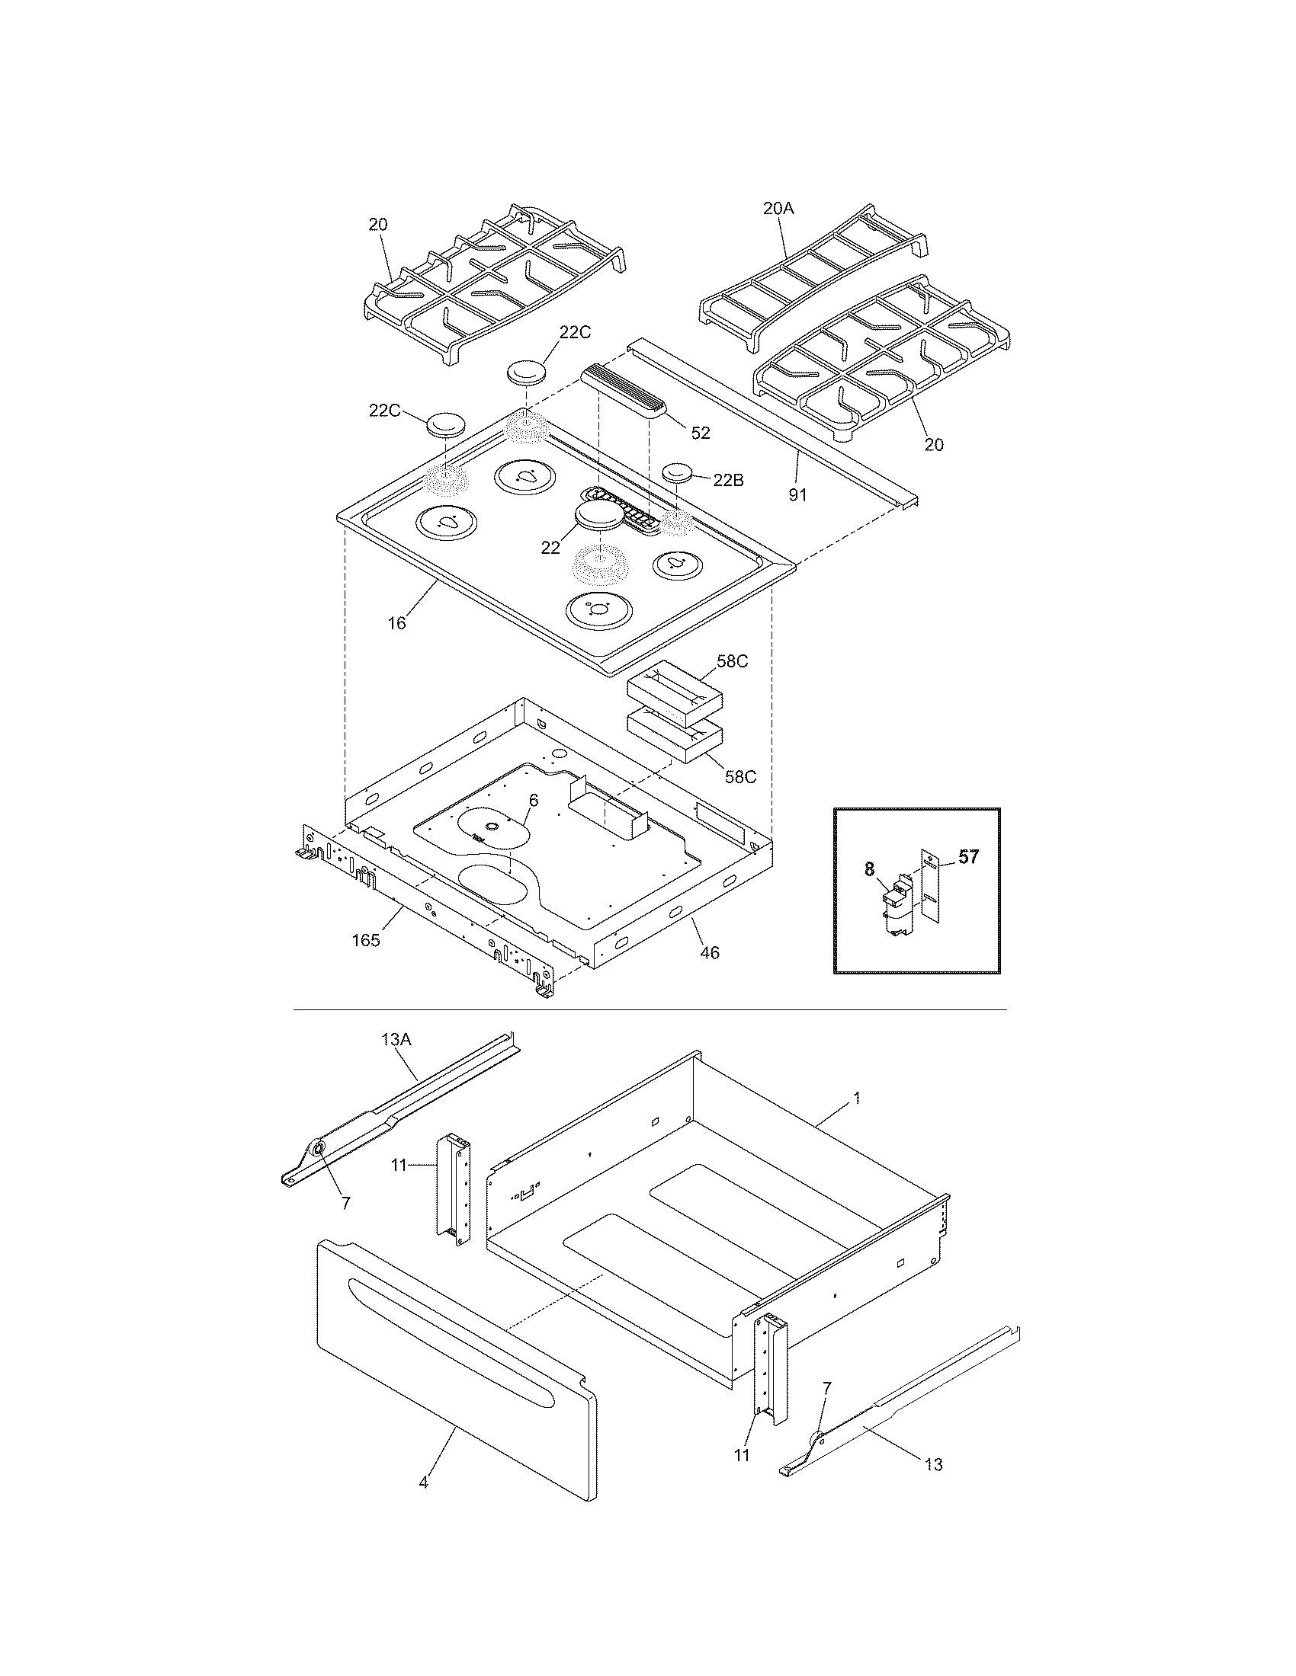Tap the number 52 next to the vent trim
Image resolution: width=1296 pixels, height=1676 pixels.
click(x=700, y=433)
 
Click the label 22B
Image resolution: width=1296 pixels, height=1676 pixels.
click(x=728, y=481)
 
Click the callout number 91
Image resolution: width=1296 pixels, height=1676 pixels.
click(x=797, y=495)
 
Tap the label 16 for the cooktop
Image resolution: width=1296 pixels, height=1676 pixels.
click(x=396, y=623)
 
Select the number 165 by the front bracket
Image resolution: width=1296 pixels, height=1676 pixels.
click(x=365, y=940)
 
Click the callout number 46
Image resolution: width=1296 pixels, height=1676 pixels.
click(x=711, y=952)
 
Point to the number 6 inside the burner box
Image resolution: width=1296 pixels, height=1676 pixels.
click(x=533, y=801)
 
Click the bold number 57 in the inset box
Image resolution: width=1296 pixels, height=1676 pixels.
click(x=968, y=857)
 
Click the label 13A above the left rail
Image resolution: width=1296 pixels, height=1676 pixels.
click(x=396, y=1040)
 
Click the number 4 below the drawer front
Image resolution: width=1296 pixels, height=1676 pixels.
click(x=423, y=1482)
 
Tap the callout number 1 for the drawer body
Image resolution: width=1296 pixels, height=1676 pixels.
click(x=857, y=1099)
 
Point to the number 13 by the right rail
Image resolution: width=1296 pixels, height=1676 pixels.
click(x=933, y=1464)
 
